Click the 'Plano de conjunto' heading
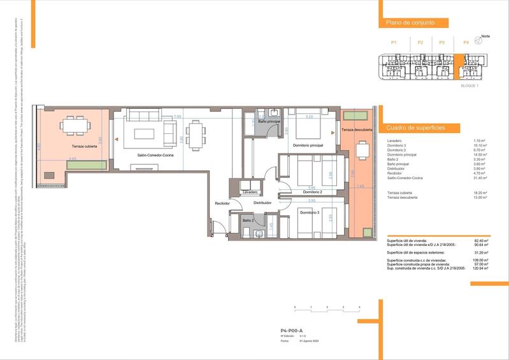(x=410, y=22)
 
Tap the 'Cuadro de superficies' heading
(x=415, y=128)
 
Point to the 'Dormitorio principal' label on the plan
(x=308, y=145)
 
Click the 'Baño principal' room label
(x=269, y=121)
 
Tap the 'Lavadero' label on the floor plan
(x=250, y=192)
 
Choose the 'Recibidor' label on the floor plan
(x=222, y=204)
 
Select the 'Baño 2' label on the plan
(x=248, y=220)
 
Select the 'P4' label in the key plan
(x=466, y=42)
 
